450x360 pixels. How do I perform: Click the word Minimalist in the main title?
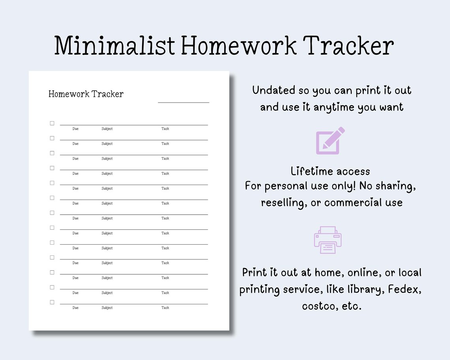(x=114, y=46)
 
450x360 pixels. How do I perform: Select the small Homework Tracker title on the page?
(x=86, y=94)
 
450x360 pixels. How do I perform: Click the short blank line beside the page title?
(x=184, y=102)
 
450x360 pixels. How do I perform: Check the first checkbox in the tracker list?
(x=52, y=123)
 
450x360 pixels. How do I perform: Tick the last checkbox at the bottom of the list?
(x=52, y=302)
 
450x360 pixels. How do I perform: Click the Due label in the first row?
(x=75, y=129)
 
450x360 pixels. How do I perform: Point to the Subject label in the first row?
(x=107, y=129)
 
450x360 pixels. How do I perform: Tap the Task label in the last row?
(x=165, y=308)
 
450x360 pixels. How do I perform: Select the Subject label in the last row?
(x=107, y=308)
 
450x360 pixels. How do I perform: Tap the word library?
(x=361, y=289)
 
